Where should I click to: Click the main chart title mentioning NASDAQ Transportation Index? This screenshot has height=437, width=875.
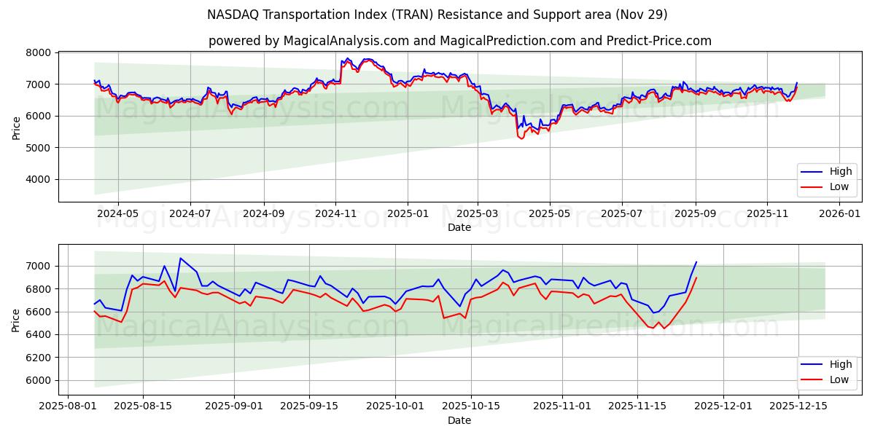click(x=437, y=15)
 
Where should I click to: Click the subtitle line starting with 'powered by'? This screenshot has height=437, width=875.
click(x=459, y=41)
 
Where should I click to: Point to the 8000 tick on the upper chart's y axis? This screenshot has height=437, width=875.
click(x=39, y=53)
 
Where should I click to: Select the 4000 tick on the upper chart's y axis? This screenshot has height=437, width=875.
click(x=39, y=179)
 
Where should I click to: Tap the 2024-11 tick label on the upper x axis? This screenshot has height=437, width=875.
click(x=335, y=214)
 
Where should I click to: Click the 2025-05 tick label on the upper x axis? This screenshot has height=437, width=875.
click(x=550, y=214)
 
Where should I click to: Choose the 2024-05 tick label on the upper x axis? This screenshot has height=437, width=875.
click(x=117, y=214)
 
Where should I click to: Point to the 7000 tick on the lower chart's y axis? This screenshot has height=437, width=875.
click(x=39, y=267)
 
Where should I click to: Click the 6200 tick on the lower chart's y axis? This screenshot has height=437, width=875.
click(x=39, y=358)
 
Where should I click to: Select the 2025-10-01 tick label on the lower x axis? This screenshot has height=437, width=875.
click(x=394, y=406)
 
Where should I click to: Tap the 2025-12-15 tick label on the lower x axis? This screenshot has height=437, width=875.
click(x=798, y=406)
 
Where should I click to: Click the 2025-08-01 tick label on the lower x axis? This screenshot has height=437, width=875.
click(x=69, y=406)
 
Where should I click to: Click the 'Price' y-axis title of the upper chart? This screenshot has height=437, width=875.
click(x=16, y=127)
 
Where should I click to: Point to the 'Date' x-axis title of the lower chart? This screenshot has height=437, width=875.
click(x=459, y=420)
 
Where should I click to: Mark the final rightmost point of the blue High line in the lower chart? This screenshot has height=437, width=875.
click(x=696, y=262)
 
